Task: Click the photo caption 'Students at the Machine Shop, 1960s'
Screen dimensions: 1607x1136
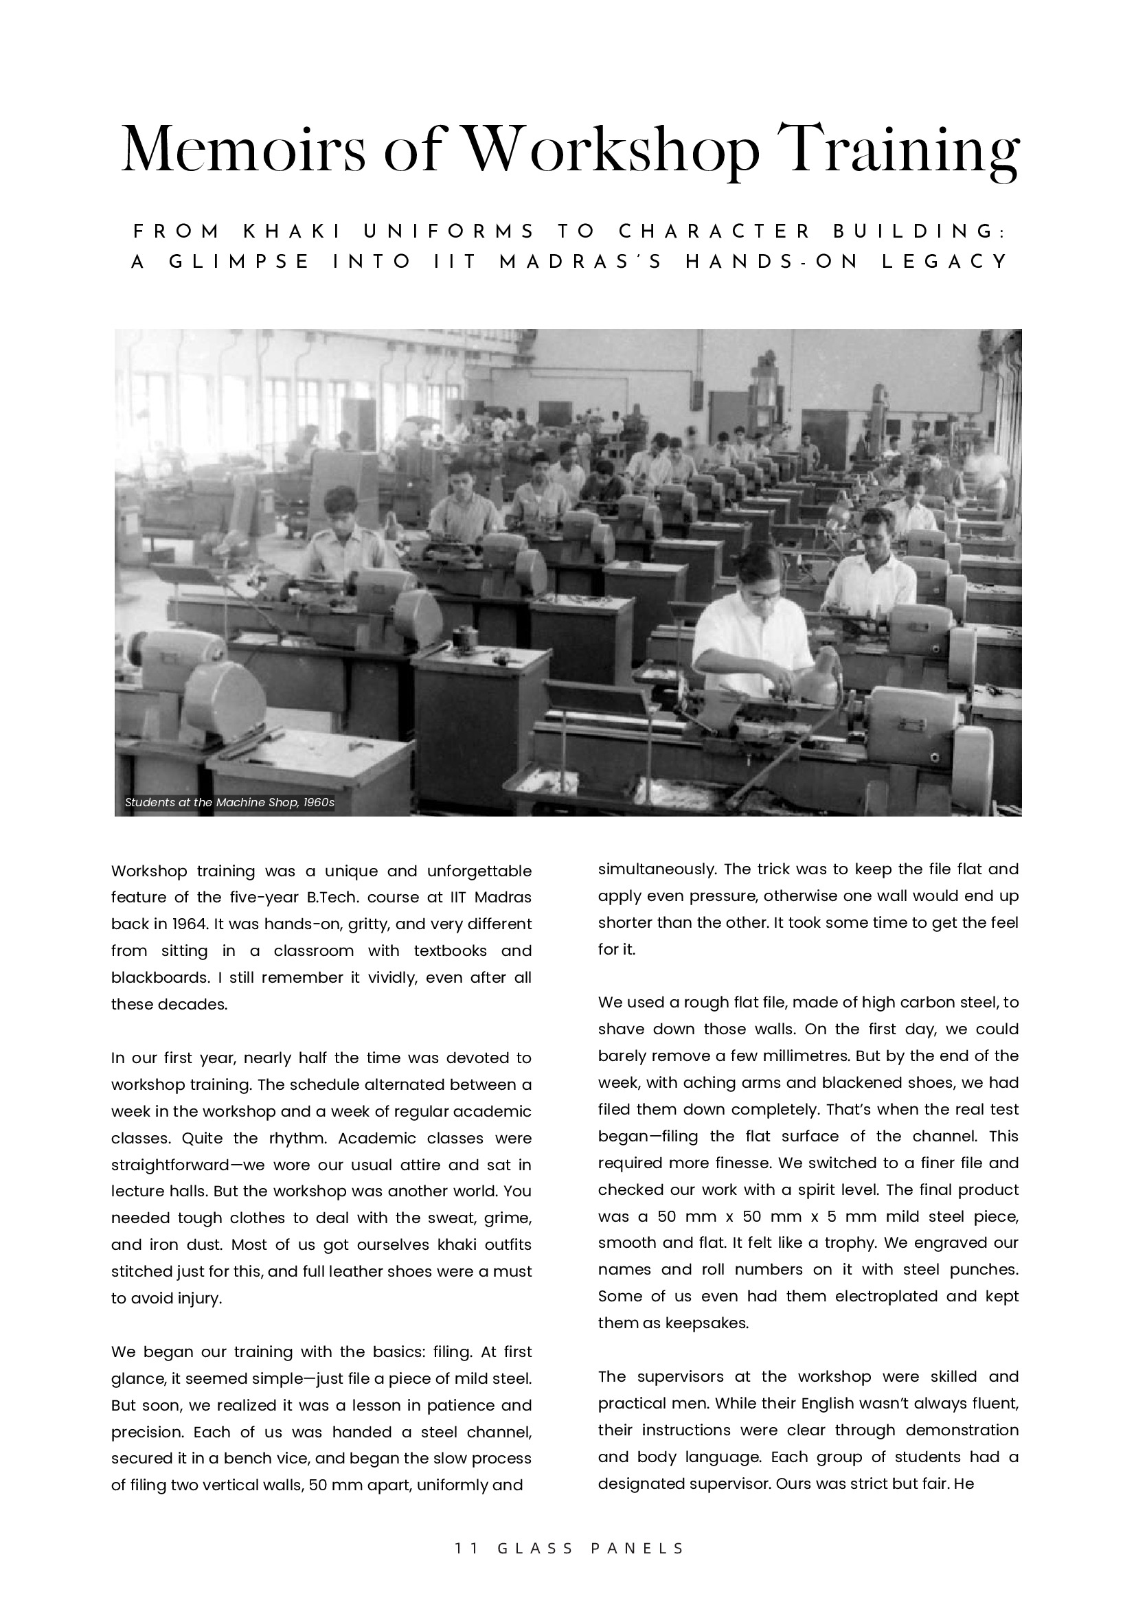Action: (229, 802)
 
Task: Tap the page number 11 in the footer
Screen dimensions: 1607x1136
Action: (466, 1548)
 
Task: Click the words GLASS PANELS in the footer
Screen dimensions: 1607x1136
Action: (591, 1548)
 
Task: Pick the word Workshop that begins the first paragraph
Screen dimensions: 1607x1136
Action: (148, 871)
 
